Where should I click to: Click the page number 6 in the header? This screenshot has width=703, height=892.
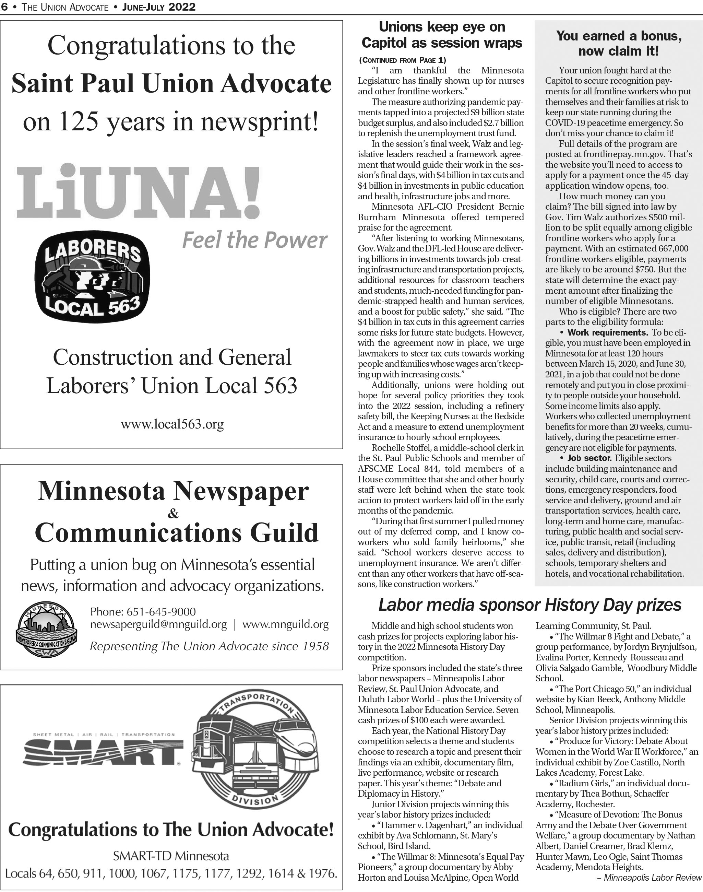coord(4,7)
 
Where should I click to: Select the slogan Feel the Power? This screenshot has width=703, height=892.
coord(254,240)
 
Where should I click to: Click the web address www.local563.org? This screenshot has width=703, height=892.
coord(172,424)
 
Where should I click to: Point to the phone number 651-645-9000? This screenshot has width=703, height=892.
coord(161,612)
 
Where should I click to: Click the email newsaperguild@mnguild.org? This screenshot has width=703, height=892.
coord(158,624)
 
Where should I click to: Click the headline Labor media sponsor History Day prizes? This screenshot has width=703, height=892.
coord(530,605)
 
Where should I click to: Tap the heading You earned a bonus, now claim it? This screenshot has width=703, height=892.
coord(619,44)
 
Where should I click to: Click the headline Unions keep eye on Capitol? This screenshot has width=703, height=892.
coord(442,35)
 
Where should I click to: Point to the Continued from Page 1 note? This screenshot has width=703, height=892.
coord(402,60)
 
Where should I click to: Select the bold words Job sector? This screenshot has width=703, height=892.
coord(589,458)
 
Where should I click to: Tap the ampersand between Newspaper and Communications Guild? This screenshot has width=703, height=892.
coord(173,513)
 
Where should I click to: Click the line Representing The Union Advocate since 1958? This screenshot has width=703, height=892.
coord(209,646)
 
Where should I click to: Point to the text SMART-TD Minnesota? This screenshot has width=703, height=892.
coord(171,856)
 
